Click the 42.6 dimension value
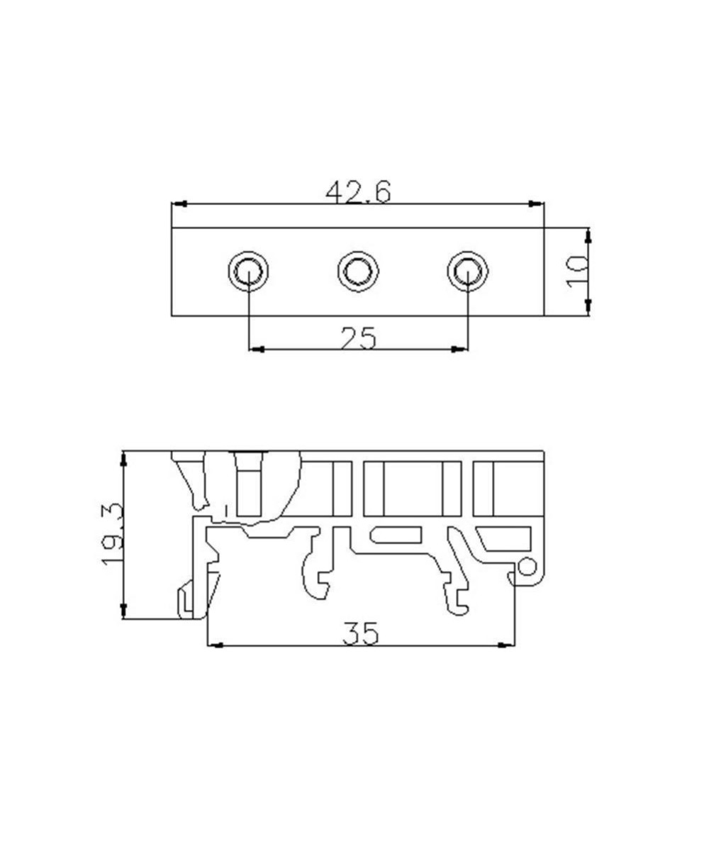358,191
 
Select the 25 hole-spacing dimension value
358,338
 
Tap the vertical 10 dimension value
578,271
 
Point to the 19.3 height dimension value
112,534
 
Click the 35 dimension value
361,633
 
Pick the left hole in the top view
248,271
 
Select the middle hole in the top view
358,271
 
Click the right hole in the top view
467,271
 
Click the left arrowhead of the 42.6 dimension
179,204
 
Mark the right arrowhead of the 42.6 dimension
537,204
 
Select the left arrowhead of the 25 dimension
257,349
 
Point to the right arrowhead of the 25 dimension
459,349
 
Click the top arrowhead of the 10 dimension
588,235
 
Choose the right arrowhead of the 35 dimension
507,645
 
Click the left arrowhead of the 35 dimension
216,645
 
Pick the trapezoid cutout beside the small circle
505,539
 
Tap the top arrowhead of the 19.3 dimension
124,459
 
